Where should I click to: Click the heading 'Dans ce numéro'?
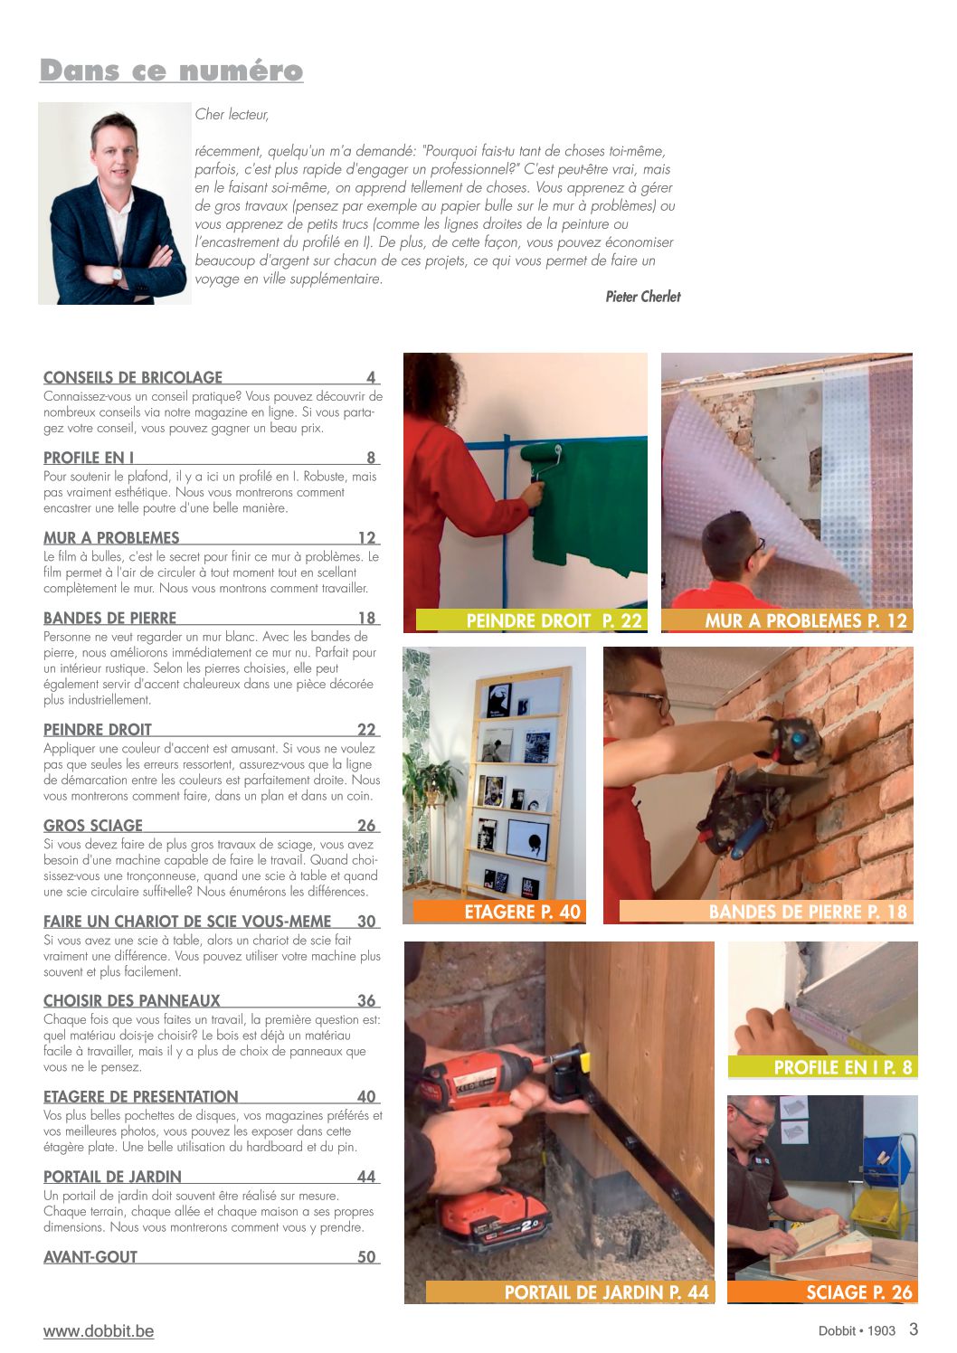(x=171, y=71)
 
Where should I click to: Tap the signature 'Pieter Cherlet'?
(x=642, y=297)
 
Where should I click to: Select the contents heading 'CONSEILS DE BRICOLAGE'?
(x=133, y=378)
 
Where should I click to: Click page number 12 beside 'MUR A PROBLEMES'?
(x=366, y=538)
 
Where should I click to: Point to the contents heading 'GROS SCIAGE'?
(x=93, y=826)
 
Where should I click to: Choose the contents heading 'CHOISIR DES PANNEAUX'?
(x=132, y=1001)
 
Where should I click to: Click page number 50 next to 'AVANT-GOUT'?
(x=366, y=1257)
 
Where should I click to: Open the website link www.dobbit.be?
(x=99, y=1331)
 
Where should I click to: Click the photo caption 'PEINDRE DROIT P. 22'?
(x=554, y=621)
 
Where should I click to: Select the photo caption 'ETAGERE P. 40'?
(x=522, y=912)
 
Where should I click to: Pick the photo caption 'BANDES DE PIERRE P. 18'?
(x=807, y=912)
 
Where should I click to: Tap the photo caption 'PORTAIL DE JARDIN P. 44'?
(x=606, y=1292)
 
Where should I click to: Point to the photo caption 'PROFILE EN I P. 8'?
(x=843, y=1067)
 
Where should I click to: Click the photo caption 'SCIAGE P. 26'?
(x=858, y=1292)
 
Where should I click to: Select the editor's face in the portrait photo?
(x=115, y=154)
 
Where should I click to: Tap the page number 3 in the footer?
(x=914, y=1329)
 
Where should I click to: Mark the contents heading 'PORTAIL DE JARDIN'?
(x=112, y=1177)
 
